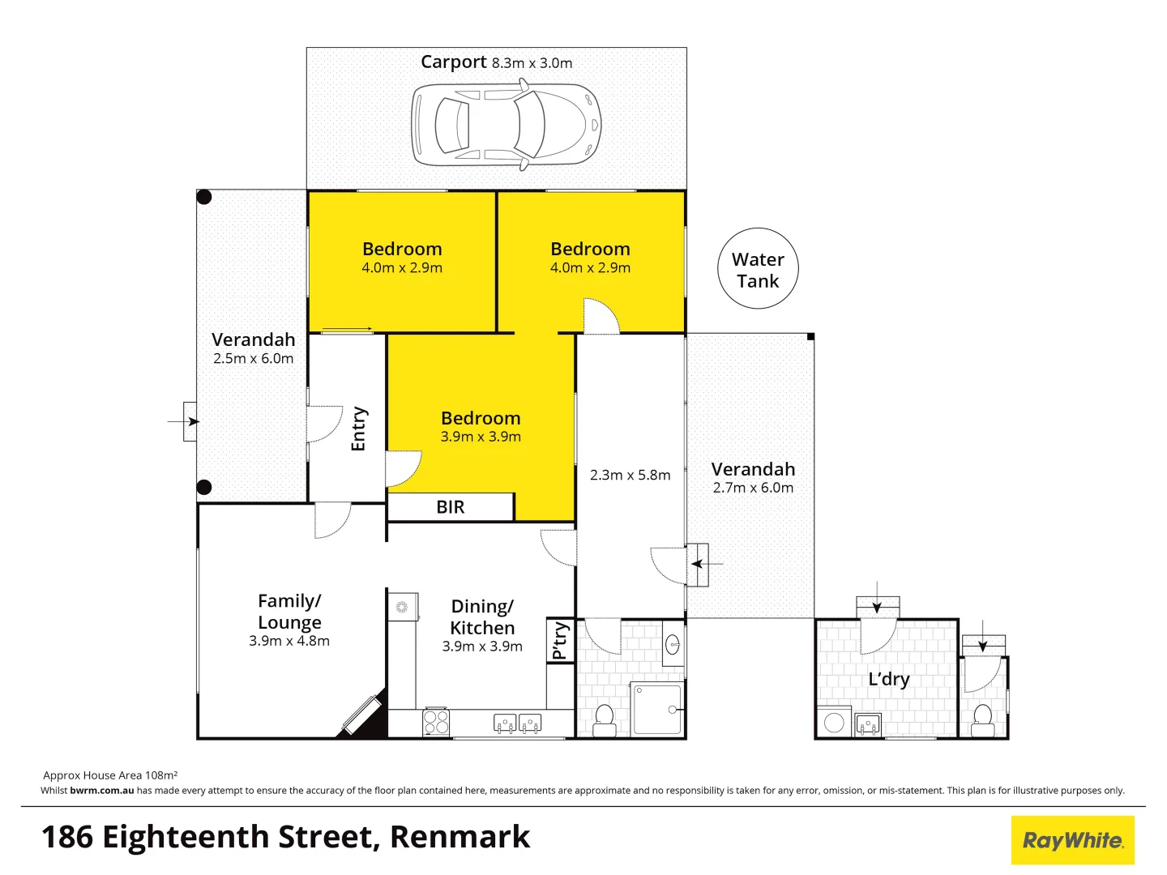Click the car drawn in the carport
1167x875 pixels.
tap(507, 126)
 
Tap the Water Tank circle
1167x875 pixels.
tap(758, 269)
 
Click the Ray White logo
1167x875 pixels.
tap(1072, 840)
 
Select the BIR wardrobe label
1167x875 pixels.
tap(451, 507)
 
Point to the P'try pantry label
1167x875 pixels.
tap(560, 641)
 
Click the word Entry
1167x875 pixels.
tap(358, 429)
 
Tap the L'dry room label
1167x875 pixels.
tap(889, 679)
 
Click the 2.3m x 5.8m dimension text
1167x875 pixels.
tap(630, 475)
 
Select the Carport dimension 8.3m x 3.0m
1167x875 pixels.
tap(532, 63)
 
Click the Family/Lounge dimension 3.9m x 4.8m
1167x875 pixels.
tap(289, 641)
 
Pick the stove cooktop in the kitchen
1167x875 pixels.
tap(436, 722)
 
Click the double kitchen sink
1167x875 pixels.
tap(518, 723)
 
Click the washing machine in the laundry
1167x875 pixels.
tap(834, 722)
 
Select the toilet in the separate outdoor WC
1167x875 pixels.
tap(982, 720)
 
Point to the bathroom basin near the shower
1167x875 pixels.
tap(673, 645)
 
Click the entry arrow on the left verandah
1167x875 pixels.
tap(191, 421)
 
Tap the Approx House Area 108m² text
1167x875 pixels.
tap(110, 775)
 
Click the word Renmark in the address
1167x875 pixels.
tap(460, 837)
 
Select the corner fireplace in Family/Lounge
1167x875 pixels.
tap(361, 715)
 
